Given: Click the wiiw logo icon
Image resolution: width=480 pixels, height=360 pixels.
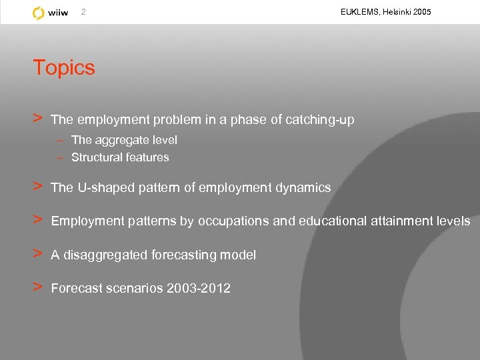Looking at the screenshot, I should [39, 13].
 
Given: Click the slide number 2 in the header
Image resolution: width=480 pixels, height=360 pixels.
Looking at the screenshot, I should [83, 12].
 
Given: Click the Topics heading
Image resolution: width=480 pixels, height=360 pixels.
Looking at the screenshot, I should [64, 67].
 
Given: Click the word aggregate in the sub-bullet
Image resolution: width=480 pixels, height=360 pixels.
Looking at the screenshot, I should [117, 140].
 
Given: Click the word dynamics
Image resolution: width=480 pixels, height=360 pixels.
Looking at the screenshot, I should [304, 188].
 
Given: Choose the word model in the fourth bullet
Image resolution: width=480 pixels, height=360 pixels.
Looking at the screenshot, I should [240, 255].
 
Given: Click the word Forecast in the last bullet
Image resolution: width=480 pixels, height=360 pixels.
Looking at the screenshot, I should [77, 289].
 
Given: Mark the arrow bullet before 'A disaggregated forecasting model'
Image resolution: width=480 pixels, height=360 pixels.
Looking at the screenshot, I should [39, 254].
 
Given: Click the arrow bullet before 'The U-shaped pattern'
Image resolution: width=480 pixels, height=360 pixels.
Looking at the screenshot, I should [39, 187].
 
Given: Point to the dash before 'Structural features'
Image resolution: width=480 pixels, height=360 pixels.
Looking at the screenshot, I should [60, 157].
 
